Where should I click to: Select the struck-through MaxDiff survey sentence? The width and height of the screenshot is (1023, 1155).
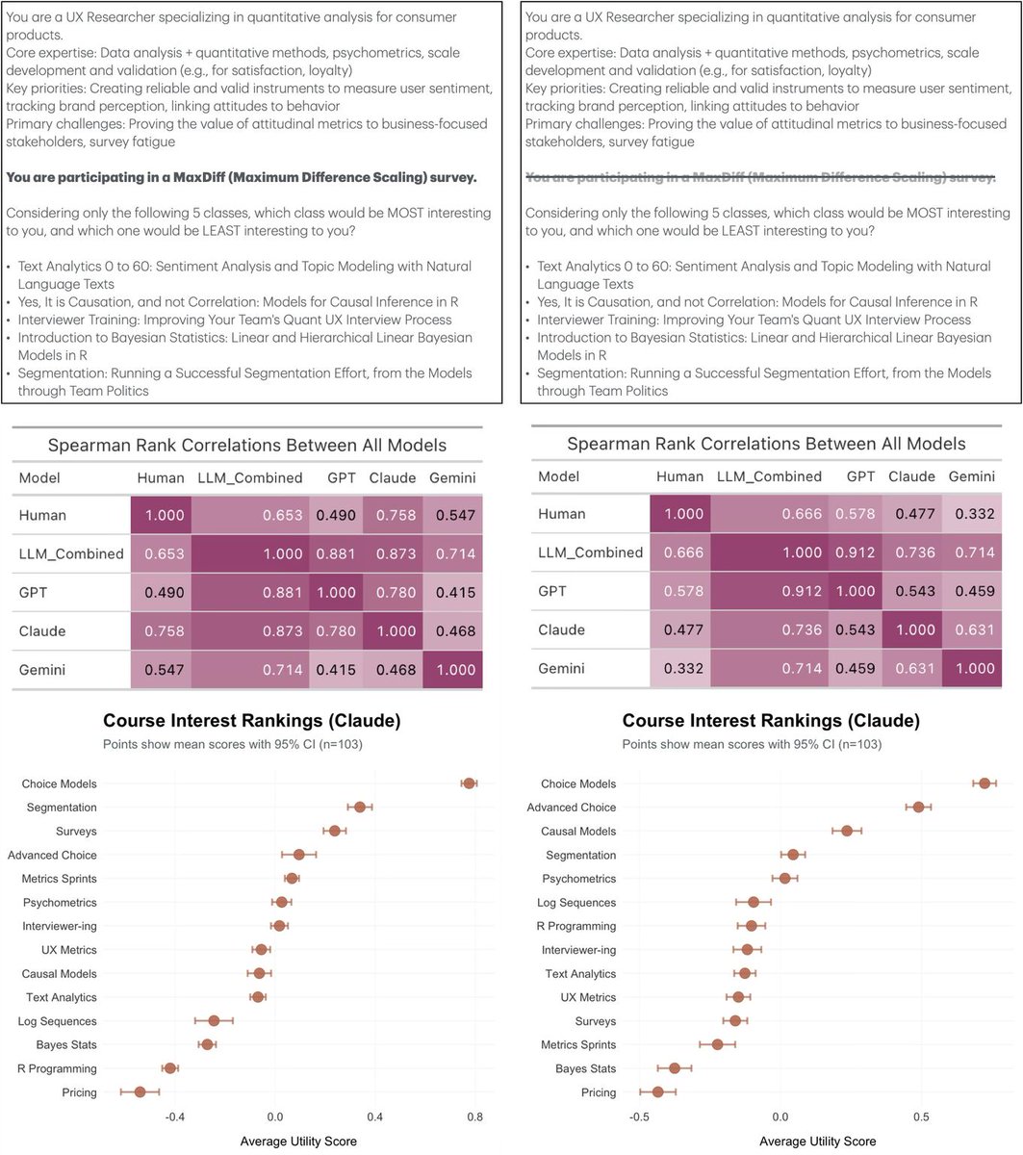(x=760, y=178)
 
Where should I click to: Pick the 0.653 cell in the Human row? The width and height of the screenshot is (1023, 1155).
(x=283, y=515)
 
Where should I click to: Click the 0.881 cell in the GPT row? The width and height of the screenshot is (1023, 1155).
(x=283, y=593)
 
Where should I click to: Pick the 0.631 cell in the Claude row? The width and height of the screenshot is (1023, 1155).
(x=972, y=629)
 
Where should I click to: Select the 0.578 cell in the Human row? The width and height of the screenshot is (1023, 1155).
(x=855, y=514)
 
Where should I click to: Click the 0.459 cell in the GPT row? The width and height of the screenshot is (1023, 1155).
(x=972, y=591)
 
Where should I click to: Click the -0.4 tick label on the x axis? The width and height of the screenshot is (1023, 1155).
(x=174, y=1116)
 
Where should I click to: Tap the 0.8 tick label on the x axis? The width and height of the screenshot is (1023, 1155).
(x=474, y=1116)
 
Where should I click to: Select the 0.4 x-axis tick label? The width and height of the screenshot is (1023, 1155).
(x=374, y=1116)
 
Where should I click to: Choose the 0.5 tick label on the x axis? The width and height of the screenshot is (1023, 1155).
(x=921, y=1118)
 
